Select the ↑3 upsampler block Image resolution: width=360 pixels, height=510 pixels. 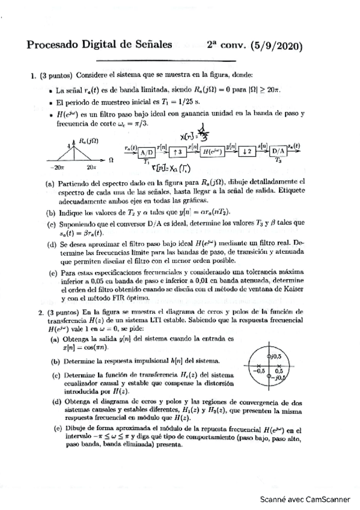click(x=178, y=151)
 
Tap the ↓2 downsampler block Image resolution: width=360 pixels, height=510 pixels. click(x=246, y=151)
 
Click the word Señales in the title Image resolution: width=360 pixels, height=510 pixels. click(x=152, y=45)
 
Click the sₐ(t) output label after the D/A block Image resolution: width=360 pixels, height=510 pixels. click(x=294, y=145)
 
